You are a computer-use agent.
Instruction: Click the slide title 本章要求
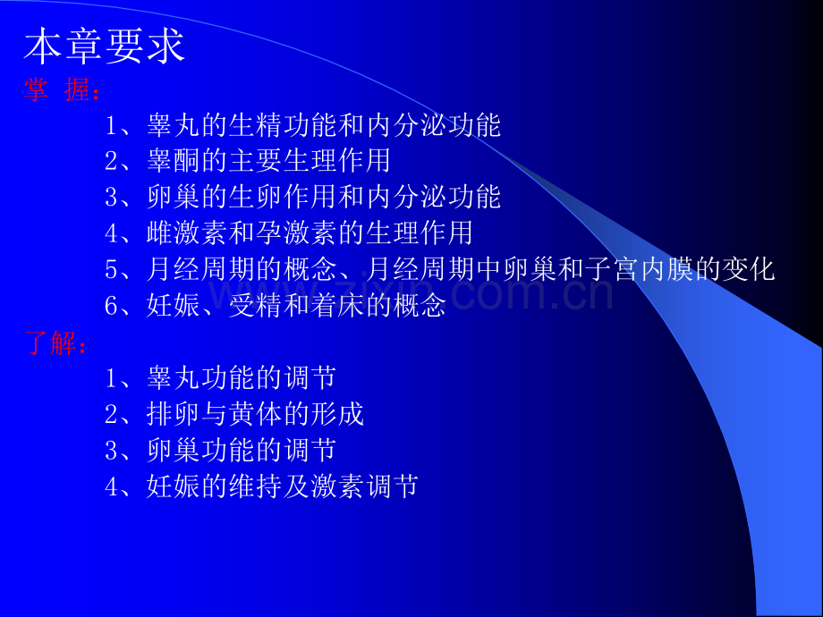pos(105,46)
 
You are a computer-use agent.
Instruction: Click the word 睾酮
pos(174,161)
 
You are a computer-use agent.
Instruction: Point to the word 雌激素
pos(188,233)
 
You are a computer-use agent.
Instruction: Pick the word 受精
pos(256,305)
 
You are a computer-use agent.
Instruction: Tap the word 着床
pos(337,305)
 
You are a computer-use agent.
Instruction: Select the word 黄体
pos(256,414)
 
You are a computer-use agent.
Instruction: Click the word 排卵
pos(174,414)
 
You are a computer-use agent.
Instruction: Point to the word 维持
pos(256,486)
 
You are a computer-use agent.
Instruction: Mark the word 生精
pos(256,125)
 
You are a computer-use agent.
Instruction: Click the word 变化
pos(749,269)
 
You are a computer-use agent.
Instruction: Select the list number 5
pos(111,270)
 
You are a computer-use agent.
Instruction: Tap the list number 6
pos(111,306)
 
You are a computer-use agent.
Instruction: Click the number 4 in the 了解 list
pos(111,486)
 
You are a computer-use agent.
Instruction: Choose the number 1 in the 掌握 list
pos(111,125)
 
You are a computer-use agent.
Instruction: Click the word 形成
pos(337,414)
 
